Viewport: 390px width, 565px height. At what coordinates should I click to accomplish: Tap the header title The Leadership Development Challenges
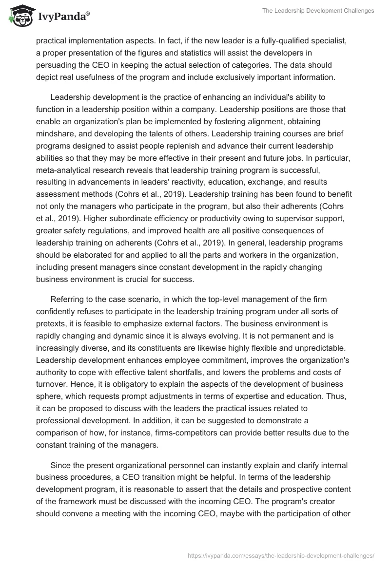[x=317, y=11]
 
